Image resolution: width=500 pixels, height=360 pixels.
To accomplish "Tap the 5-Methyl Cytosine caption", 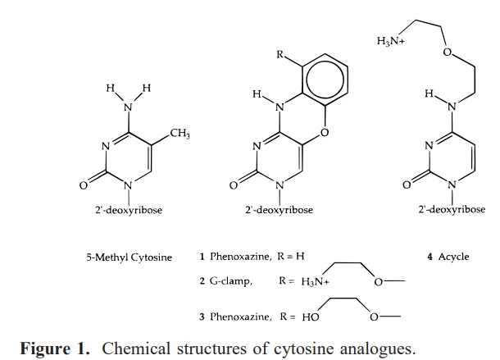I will pyautogui.click(x=129, y=257).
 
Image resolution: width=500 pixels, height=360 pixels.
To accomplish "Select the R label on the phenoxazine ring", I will pyautogui.click(x=281, y=57).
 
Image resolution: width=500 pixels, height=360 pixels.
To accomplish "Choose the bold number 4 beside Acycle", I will pyautogui.click(x=430, y=257).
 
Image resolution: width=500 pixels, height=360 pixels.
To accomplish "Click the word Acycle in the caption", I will pyautogui.click(x=453, y=257).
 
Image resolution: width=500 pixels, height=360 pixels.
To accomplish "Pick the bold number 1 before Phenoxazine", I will pyautogui.click(x=202, y=257).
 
